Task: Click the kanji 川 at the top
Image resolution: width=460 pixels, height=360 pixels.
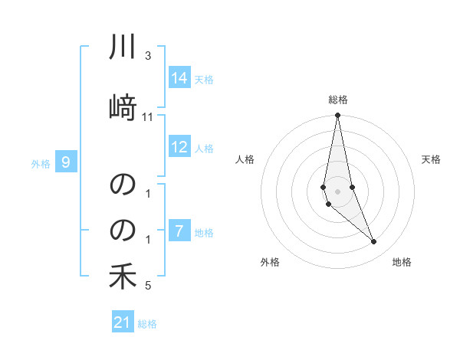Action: click(x=123, y=50)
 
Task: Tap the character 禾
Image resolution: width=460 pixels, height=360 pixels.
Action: click(x=123, y=276)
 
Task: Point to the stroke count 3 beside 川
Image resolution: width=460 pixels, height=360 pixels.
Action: click(x=148, y=56)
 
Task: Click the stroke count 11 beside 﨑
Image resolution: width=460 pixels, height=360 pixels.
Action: click(x=148, y=116)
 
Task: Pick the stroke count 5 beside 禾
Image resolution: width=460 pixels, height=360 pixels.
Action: click(x=148, y=286)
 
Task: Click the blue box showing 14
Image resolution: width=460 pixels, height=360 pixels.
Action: click(x=179, y=78)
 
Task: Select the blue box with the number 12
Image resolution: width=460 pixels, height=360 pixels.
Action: click(x=179, y=147)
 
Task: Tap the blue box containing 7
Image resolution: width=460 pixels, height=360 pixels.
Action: click(x=179, y=231)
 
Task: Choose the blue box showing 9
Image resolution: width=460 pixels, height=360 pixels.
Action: click(x=67, y=162)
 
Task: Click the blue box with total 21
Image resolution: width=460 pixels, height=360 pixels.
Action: click(x=123, y=322)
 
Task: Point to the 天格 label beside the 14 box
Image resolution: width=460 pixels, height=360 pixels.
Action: click(x=204, y=80)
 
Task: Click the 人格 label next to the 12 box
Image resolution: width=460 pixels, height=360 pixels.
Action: click(x=204, y=149)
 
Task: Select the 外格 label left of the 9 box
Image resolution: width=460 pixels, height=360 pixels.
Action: click(x=41, y=163)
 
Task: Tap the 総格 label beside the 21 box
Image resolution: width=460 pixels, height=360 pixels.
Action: click(x=147, y=324)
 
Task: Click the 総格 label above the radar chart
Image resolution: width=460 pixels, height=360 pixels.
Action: click(x=338, y=100)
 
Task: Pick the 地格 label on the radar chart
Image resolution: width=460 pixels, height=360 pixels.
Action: click(x=402, y=263)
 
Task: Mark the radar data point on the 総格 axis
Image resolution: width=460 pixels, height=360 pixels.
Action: click(x=337, y=116)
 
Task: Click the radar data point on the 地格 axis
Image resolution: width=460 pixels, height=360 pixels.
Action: click(x=374, y=242)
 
